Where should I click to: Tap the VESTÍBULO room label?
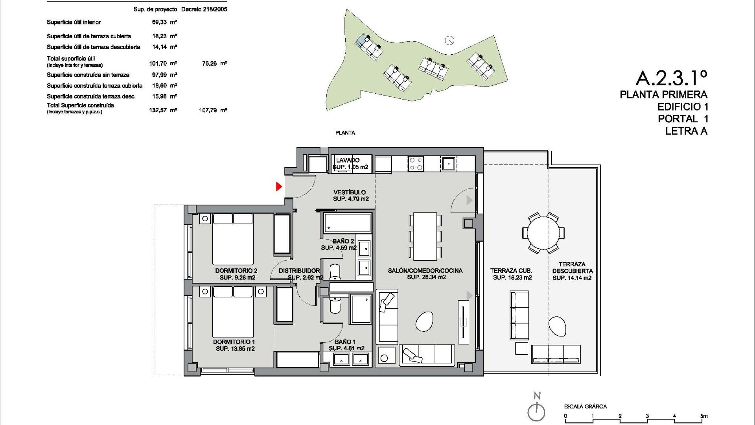(x=350, y=192)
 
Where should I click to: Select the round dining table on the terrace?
(x=543, y=233)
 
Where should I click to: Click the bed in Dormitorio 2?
(x=233, y=239)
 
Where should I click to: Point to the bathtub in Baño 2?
(x=347, y=223)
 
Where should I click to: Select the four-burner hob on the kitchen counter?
(x=416, y=164)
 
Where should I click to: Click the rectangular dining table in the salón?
(x=425, y=236)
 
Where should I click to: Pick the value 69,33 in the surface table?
(x=159, y=22)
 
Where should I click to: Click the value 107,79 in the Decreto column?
(x=208, y=111)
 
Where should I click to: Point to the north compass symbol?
(x=537, y=409)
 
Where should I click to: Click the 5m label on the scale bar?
(x=704, y=416)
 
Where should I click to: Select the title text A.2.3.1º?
(x=671, y=78)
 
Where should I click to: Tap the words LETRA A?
(x=686, y=131)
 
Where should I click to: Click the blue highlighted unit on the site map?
(x=360, y=41)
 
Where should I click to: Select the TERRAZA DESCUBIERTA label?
(x=572, y=268)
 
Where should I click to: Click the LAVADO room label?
(x=348, y=160)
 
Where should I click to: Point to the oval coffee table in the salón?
(x=425, y=322)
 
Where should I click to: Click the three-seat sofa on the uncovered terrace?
(x=556, y=354)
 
